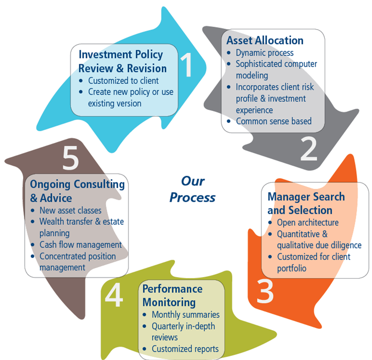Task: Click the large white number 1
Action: pos(187,66)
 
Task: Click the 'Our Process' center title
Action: pos(192,189)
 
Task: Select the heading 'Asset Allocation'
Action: pos(265,40)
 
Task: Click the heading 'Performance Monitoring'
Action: pos(172,296)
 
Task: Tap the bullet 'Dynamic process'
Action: pos(264,53)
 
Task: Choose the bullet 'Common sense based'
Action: pos(274,121)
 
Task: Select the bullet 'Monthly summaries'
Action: pos(186,314)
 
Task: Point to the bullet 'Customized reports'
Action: pos(185,349)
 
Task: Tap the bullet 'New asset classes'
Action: pos(70,210)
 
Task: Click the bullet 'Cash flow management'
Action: pos(80,245)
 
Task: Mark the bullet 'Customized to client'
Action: pos(123,80)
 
